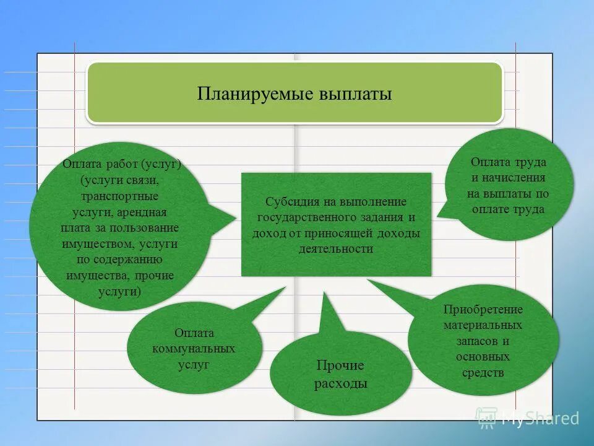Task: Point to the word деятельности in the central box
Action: click(336, 249)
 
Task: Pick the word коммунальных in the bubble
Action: click(194, 349)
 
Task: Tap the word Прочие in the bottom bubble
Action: click(340, 365)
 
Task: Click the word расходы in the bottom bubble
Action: click(340, 384)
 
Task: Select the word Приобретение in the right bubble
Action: click(483, 309)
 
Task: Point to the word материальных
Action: click(483, 325)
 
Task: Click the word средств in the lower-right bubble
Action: click(483, 373)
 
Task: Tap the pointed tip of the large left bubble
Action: click(236, 217)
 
